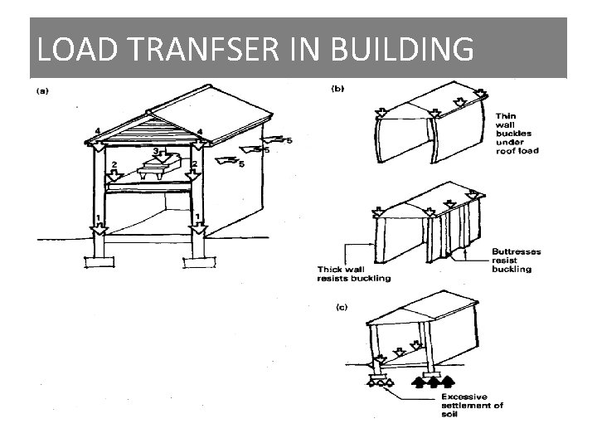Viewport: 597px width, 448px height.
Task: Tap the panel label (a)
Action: click(x=40, y=90)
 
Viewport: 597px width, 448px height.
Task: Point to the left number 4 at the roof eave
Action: click(x=97, y=131)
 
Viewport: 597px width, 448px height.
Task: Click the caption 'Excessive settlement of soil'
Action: click(x=471, y=406)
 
